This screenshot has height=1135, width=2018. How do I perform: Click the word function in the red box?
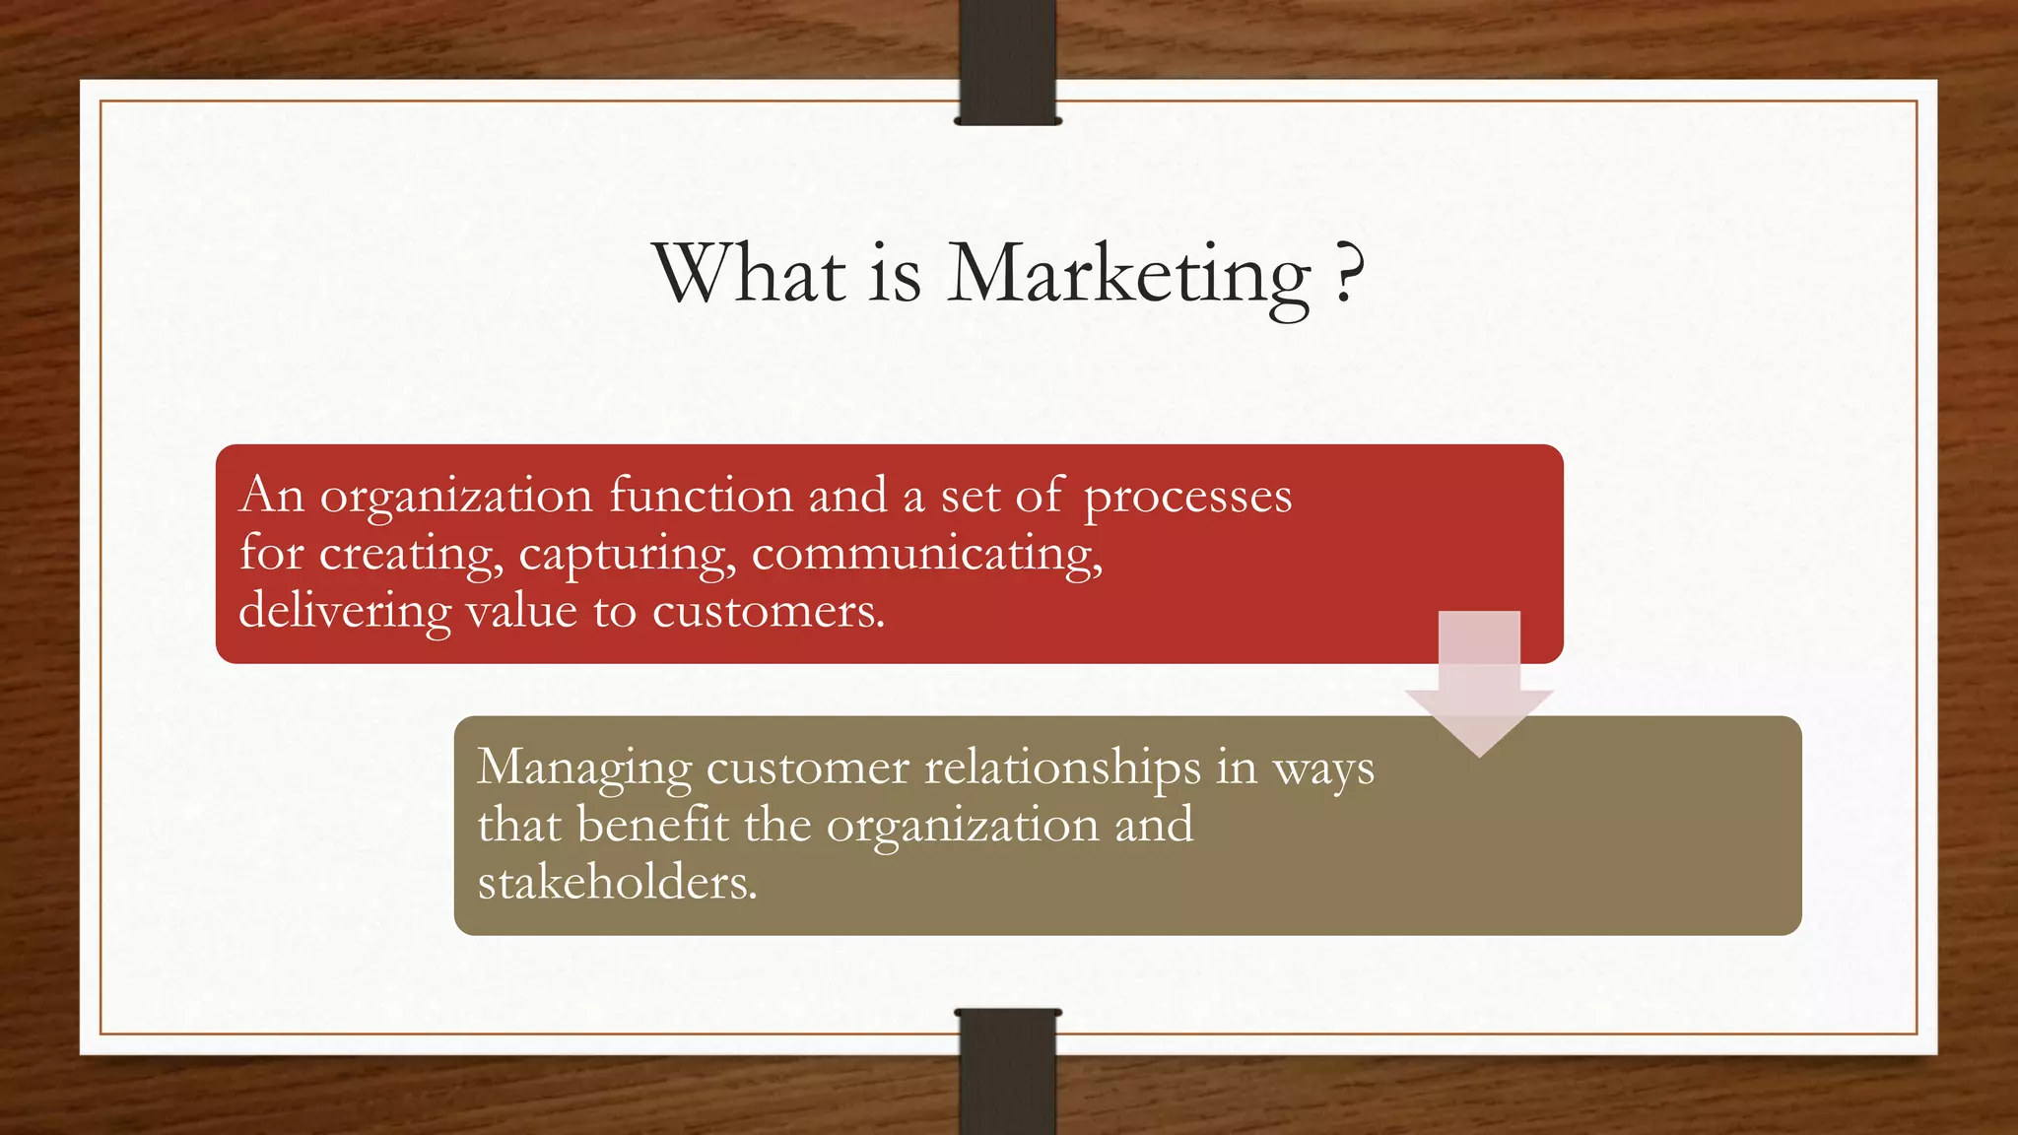tap(701, 495)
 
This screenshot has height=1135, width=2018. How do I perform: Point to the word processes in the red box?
tap(1187, 497)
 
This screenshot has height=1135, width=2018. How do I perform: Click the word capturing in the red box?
tap(627, 554)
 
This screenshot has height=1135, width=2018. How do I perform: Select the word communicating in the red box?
tap(926, 554)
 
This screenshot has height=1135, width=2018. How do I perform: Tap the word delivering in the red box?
tap(345, 611)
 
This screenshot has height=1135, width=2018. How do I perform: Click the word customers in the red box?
tap(769, 611)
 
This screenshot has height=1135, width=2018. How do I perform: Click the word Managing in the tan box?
tap(584, 768)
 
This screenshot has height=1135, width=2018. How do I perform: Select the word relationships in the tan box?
tap(1062, 768)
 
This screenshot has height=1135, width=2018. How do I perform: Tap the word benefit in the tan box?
tap(653, 825)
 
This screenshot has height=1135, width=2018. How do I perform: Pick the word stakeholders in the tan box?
tap(617, 882)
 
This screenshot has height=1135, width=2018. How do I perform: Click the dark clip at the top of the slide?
tap(1007, 61)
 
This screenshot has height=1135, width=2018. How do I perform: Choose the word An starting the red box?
tap(271, 495)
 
